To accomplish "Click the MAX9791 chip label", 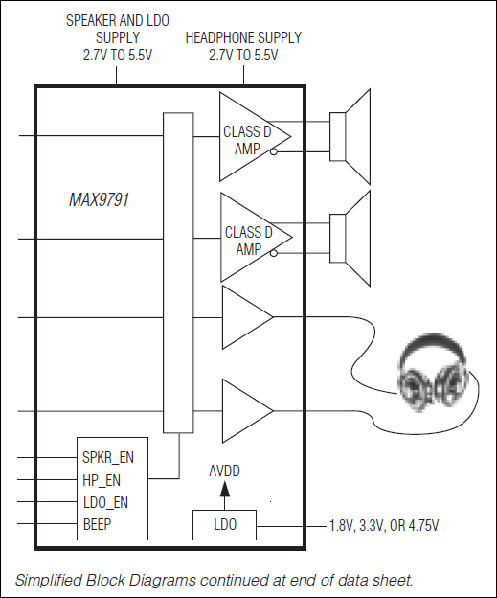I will click(x=99, y=201).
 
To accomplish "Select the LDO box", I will click(x=225, y=526).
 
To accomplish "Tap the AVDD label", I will click(x=225, y=471).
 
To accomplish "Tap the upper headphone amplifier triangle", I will click(x=244, y=316).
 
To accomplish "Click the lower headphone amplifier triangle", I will click(x=244, y=410).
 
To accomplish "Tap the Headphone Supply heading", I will click(x=242, y=46).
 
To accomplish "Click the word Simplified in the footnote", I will click(x=45, y=580).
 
